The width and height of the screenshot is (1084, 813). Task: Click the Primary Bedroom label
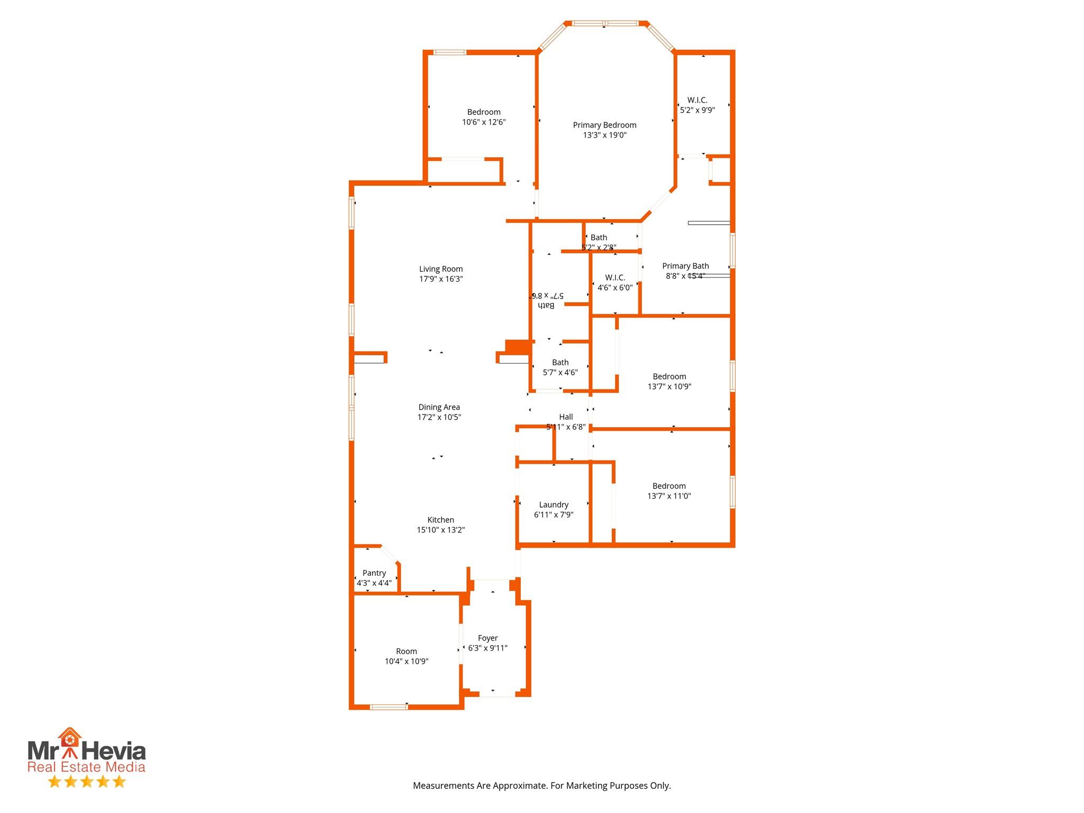[604, 125]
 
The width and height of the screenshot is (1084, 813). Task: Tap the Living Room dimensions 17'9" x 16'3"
[441, 279]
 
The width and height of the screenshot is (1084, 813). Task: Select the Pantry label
[374, 573]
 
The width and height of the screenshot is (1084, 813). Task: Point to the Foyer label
[487, 638]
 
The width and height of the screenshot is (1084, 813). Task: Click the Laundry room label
[554, 504]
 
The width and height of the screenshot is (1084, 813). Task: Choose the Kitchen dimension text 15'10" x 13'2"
[440, 530]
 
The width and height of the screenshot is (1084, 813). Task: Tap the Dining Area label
[439, 407]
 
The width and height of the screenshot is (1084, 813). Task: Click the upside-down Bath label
[546, 305]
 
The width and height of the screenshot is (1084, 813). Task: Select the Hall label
[566, 417]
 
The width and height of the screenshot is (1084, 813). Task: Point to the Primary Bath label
[685, 266]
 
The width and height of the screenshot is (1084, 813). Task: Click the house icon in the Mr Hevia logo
[70, 737]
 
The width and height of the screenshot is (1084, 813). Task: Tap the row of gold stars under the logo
[87, 781]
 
